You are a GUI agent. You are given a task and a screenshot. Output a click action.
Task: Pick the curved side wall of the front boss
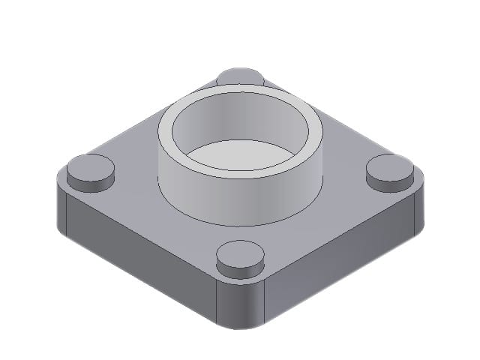tap(239, 269)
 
